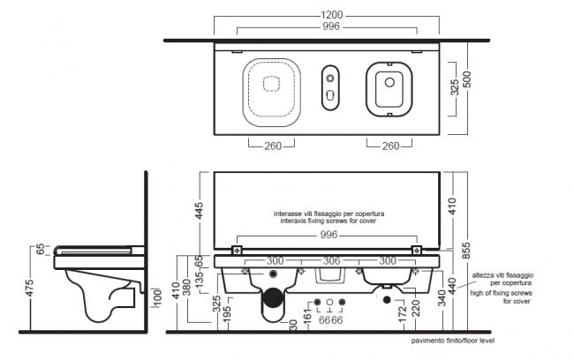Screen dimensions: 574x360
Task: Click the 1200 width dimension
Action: pyautogui.click(x=332, y=15)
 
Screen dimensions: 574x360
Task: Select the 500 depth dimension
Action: pyautogui.click(x=467, y=79)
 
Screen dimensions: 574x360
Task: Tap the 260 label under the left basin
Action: pyautogui.click(x=273, y=146)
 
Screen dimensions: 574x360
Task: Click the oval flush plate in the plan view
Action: pyautogui.click(x=330, y=87)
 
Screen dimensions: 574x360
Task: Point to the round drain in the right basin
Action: pyautogui.click(x=389, y=82)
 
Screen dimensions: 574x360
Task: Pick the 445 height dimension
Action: pyautogui.click(x=199, y=211)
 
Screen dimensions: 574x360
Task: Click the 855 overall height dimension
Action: pyautogui.click(x=465, y=251)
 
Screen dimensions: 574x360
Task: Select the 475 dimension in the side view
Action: pyautogui.click(x=29, y=288)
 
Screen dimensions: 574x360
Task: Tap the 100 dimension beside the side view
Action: pyautogui.click(x=157, y=298)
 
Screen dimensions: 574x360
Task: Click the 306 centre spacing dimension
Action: pyautogui.click(x=332, y=261)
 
